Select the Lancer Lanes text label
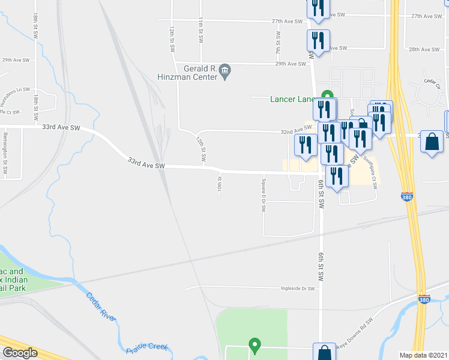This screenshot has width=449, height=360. [292, 99]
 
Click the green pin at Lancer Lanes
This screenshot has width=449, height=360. [327, 96]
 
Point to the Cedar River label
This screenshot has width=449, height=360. [100, 306]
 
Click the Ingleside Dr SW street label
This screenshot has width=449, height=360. [298, 289]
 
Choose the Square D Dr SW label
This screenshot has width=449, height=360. [263, 196]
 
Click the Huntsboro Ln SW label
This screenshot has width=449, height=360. [15, 90]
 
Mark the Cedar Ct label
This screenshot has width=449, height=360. [432, 83]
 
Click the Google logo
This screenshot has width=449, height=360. [20, 353]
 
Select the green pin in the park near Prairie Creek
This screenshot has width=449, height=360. [255, 344]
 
